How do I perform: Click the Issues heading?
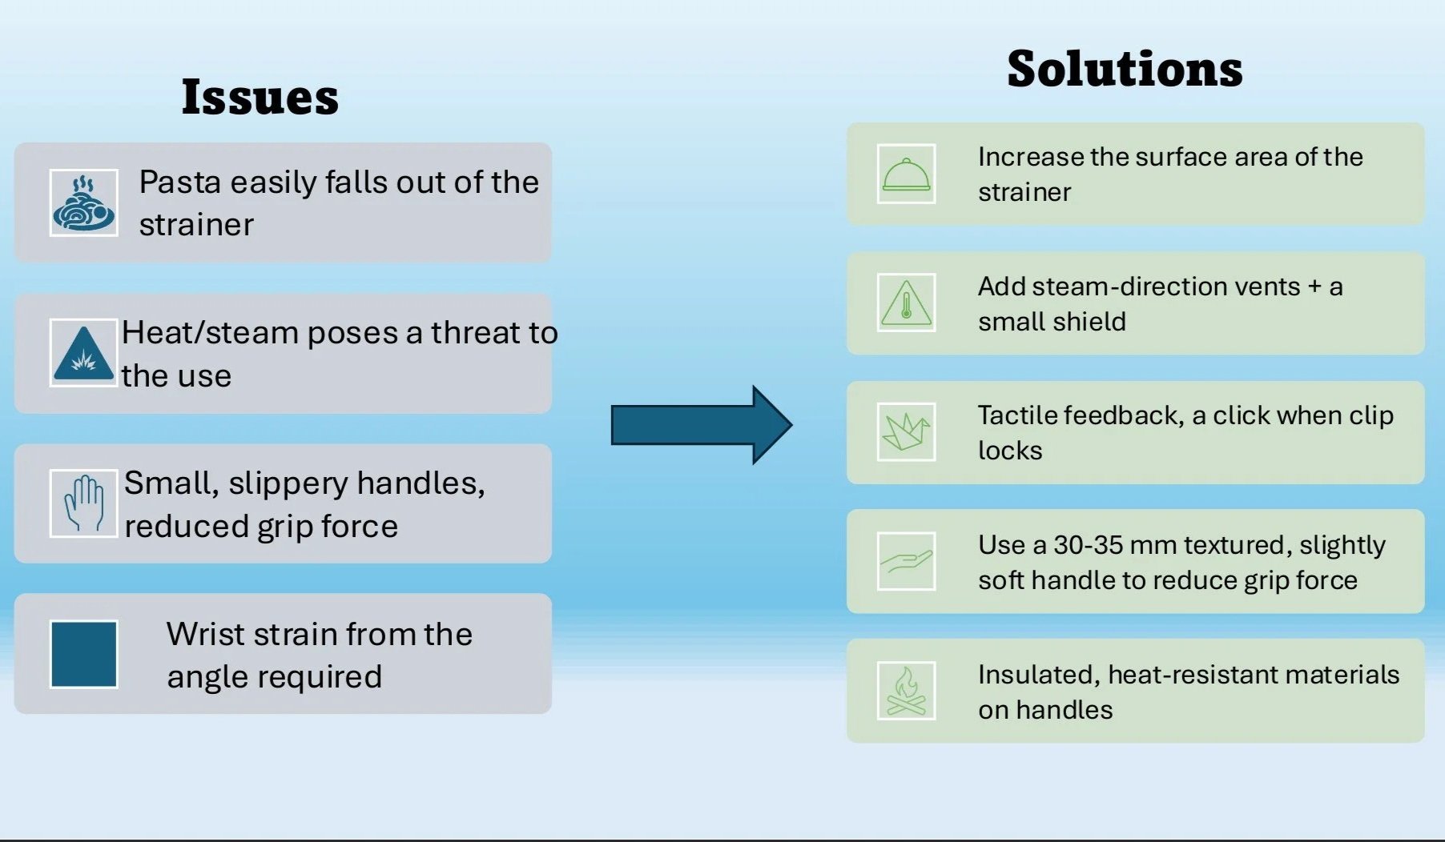point(260,97)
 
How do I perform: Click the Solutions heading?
point(1124,69)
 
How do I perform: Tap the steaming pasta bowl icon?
point(83,202)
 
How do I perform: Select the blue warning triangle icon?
point(83,353)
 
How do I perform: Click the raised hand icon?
point(83,503)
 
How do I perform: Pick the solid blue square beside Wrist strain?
point(83,654)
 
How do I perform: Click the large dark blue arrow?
point(700,424)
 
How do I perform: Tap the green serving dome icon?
point(906,174)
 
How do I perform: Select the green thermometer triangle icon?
point(906,303)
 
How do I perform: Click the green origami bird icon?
point(906,432)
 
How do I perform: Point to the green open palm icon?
point(906,561)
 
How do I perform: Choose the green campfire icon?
point(906,691)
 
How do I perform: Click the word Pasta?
point(179,182)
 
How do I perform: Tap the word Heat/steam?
point(210,333)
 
